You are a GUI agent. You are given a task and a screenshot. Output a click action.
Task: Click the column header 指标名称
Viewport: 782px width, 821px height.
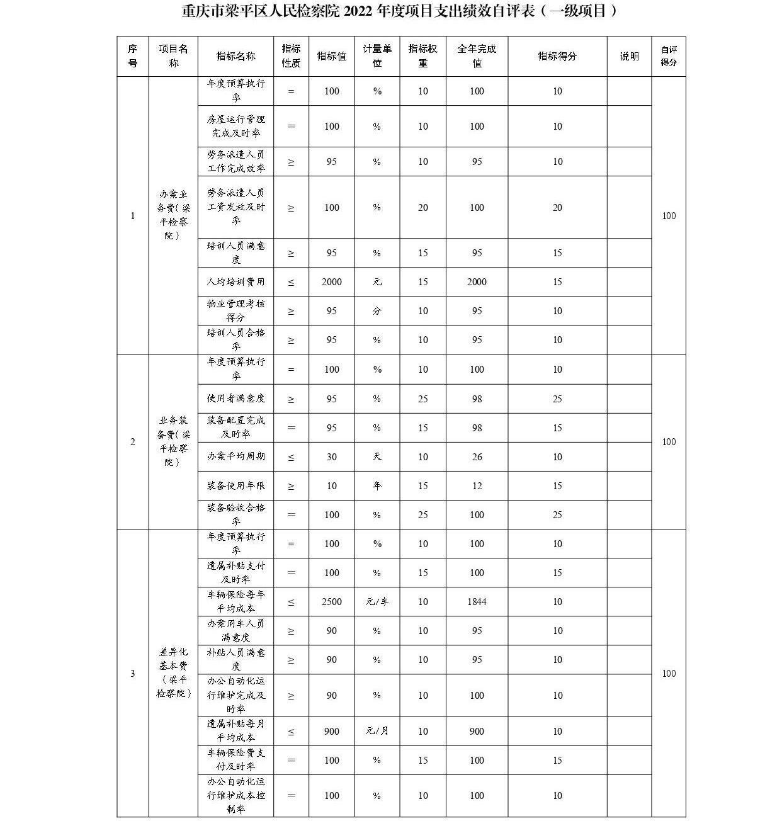[235, 56]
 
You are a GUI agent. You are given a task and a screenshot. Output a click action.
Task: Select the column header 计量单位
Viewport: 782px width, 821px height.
[377, 56]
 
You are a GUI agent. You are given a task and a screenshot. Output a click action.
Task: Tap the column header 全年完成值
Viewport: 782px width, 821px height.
[477, 56]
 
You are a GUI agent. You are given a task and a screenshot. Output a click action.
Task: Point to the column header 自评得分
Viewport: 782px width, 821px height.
[668, 56]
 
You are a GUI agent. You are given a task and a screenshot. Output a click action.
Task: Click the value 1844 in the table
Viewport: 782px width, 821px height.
[477, 602]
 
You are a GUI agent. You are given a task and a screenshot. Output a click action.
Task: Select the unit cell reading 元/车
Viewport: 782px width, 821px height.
[377, 602]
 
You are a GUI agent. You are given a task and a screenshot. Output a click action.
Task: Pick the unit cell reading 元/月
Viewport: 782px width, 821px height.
[377, 732]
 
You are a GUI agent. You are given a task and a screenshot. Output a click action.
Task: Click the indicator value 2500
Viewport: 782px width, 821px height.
[331, 602]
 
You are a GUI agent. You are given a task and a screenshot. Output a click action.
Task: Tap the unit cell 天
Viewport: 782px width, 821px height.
[377, 457]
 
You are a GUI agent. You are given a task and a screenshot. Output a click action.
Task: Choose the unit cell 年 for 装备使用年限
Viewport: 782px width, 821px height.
[377, 486]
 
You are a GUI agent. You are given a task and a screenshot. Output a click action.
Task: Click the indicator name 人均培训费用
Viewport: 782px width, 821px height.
[235, 282]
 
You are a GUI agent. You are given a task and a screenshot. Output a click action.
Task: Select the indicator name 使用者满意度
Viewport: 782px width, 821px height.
[235, 399]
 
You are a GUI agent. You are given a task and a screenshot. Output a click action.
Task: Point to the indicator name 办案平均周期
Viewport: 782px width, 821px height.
[235, 457]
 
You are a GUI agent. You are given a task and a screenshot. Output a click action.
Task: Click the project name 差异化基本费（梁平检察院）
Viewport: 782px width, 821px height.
[173, 672]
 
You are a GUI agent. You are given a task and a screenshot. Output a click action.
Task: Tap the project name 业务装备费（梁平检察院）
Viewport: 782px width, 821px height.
[173, 441]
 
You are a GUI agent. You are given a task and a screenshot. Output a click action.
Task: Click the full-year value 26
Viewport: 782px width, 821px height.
[477, 457]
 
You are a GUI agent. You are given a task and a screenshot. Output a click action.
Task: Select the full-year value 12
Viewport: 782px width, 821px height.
[477, 486]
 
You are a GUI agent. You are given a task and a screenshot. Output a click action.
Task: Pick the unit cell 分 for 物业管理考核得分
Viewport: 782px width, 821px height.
[377, 311]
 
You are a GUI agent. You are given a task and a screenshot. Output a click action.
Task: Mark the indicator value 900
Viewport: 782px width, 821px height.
[331, 732]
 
